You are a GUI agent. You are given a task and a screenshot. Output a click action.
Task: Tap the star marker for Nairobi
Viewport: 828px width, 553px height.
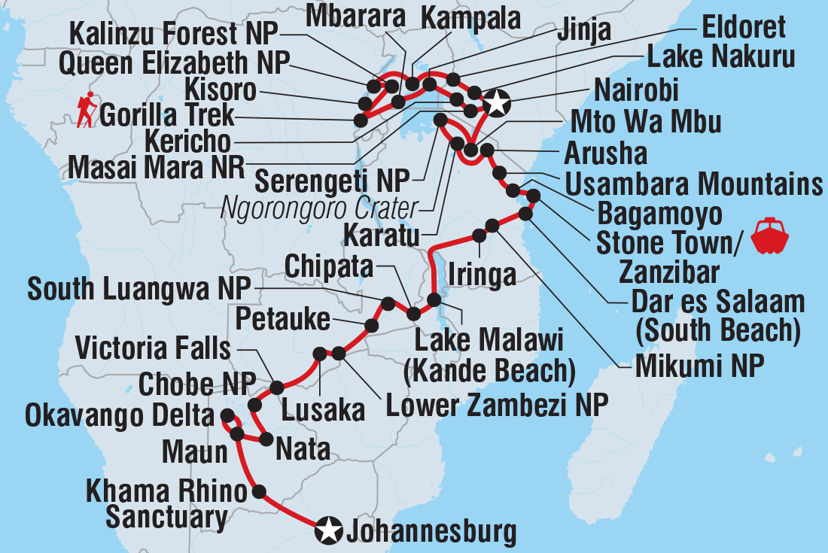496,102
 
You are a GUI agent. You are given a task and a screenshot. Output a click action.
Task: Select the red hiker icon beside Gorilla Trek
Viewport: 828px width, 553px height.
87,110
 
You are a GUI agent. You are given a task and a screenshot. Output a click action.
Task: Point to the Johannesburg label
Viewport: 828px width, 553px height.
431,532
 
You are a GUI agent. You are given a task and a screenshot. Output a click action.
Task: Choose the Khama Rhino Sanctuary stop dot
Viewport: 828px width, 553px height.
260,492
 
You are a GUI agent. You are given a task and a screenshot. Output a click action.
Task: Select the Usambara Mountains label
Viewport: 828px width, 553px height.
693,184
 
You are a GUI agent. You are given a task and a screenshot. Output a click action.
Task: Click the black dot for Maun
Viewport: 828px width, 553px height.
237,434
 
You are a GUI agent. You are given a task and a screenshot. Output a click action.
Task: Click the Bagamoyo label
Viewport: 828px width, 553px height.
659,214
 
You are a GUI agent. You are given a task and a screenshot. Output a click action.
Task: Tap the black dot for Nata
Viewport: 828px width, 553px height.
266,439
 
